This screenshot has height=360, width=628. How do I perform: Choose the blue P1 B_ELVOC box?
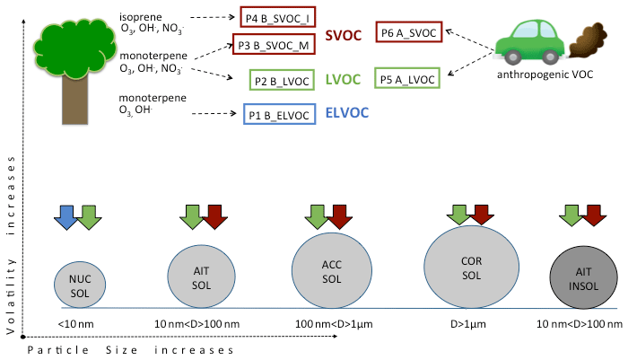279,114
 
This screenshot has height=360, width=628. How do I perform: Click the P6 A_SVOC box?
408,32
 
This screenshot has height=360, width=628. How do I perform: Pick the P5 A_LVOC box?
407,79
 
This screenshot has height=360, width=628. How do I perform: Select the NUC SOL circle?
80,284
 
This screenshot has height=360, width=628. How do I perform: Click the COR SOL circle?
471,266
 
